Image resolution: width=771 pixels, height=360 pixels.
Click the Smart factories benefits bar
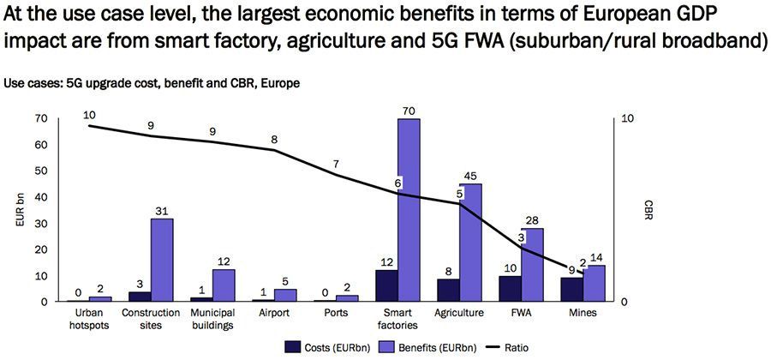point(409,210)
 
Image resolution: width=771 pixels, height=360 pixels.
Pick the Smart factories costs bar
point(386,285)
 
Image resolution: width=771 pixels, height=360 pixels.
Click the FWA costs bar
point(510,289)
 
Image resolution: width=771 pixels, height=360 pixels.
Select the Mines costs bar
point(571,290)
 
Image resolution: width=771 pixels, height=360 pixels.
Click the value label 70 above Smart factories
point(409,110)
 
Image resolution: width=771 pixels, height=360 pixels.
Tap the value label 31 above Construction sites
point(162,210)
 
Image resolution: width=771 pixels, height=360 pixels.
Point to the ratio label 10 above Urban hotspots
point(90,114)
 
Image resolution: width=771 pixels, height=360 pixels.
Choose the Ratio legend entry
point(505,347)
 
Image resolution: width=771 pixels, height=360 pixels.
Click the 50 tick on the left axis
point(39,171)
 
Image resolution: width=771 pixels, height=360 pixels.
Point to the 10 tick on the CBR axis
point(627,118)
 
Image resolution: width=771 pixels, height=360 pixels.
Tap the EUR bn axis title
point(20,210)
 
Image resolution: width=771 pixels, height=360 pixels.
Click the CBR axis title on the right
point(648,210)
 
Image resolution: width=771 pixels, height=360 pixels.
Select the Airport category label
point(274,314)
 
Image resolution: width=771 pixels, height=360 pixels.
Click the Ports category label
point(337,314)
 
